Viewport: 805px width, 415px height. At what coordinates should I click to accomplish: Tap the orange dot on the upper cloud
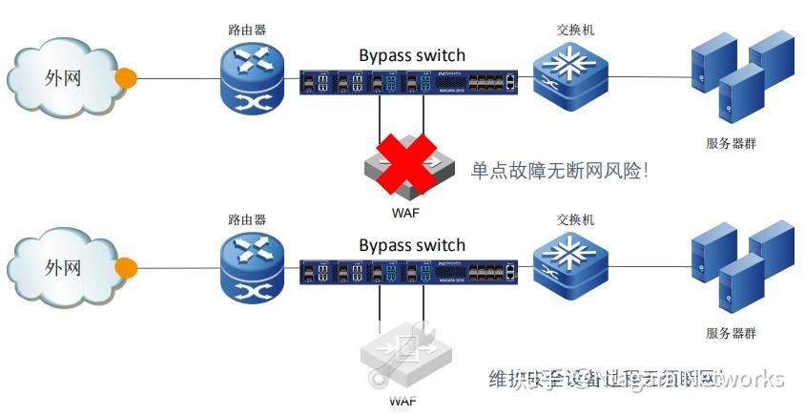coord(124,76)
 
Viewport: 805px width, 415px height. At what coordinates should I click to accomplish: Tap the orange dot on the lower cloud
coord(124,267)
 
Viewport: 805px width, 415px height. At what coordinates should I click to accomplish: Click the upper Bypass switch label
coord(412,54)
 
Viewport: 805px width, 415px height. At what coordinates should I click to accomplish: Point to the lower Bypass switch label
coord(412,245)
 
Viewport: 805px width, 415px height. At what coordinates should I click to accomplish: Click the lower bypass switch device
coord(408,273)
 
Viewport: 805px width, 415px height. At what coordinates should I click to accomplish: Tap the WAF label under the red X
coord(405,211)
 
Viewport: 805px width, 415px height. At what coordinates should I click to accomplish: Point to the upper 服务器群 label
coord(731,144)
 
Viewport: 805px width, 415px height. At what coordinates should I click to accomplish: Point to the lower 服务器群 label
coord(731,333)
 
